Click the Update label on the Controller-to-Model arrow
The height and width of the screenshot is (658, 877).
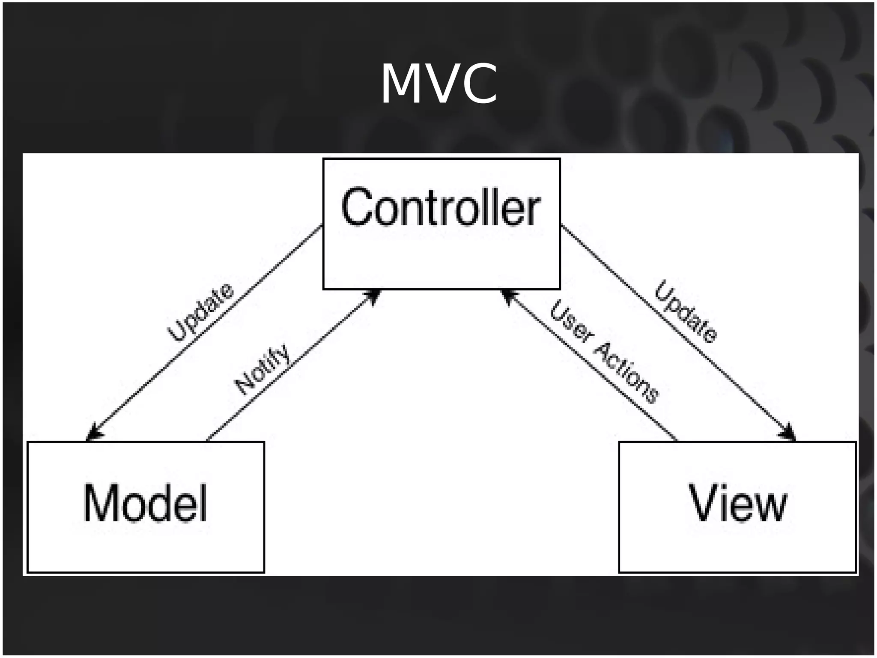[201, 312]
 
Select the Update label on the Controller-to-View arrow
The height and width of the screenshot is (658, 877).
[685, 311]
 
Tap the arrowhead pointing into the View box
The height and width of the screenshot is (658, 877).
[789, 433]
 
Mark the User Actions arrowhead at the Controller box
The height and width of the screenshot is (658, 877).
[508, 296]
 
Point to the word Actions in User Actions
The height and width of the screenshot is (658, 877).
[626, 373]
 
